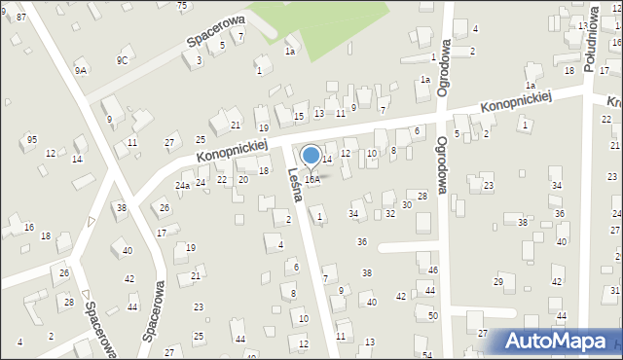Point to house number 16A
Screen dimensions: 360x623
point(312,180)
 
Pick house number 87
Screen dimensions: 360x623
point(21,18)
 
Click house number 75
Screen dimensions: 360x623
point(182,6)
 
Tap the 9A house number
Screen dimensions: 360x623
point(80,71)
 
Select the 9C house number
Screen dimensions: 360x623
point(122,60)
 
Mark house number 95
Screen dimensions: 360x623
point(32,139)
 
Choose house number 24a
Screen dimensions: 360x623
point(182,185)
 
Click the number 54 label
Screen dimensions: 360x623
point(428,355)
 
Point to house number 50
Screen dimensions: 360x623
point(433,316)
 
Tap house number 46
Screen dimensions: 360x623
point(433,270)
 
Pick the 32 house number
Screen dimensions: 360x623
point(390,213)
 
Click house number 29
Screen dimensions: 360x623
point(498,281)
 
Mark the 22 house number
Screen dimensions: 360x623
point(222,180)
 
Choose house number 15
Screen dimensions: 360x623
point(299,117)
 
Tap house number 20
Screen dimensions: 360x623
point(243,180)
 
